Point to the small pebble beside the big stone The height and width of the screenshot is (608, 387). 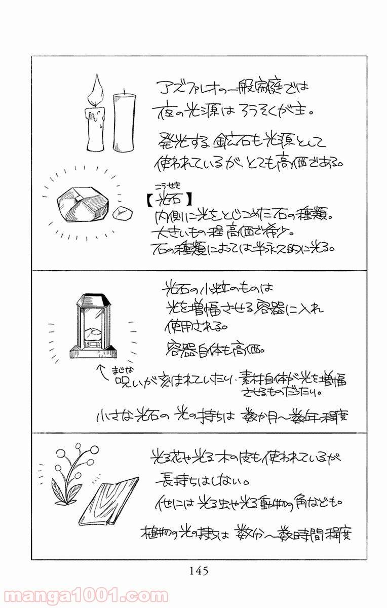[122, 214]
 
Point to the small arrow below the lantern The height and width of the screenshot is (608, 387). [100, 372]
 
